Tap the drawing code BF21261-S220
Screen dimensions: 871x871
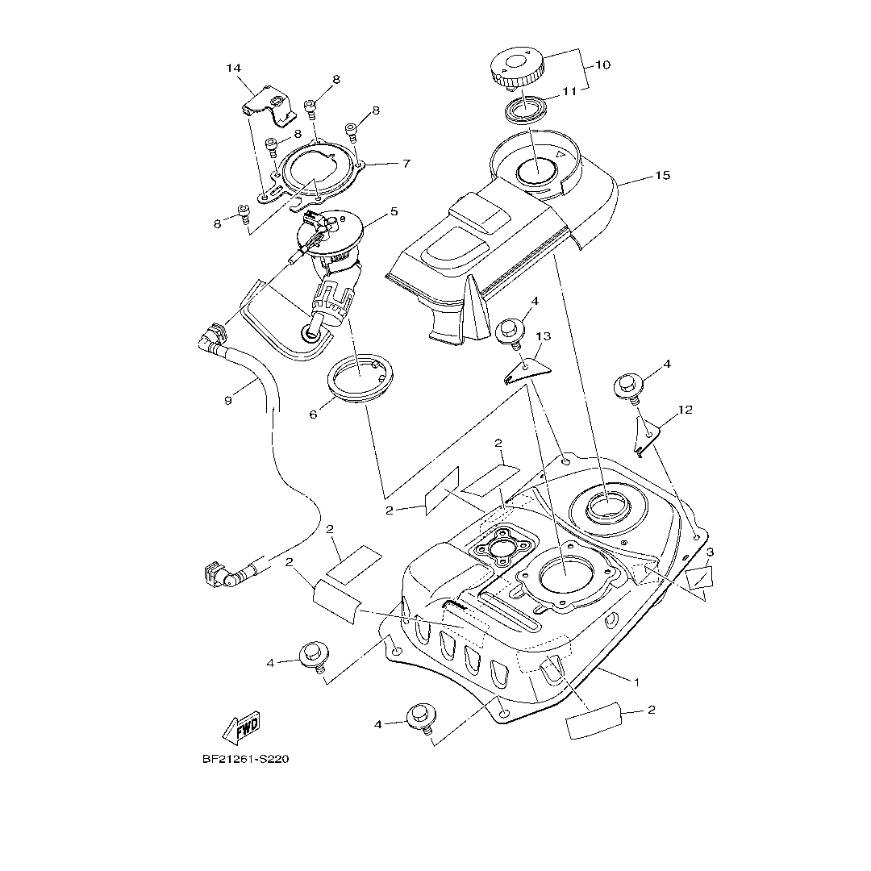(245, 759)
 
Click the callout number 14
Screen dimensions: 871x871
(233, 69)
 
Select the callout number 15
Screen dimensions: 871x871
(662, 175)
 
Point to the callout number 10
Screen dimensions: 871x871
(603, 65)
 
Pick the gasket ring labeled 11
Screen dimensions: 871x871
(525, 109)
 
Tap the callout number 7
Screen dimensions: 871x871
(406, 163)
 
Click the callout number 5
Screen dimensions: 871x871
(394, 212)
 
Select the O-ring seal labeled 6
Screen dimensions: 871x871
(361, 377)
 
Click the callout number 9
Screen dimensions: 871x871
(228, 400)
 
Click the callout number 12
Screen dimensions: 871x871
(685, 410)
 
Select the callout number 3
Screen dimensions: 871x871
(710, 552)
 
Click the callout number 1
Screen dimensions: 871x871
(636, 681)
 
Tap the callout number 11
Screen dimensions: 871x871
(569, 92)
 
